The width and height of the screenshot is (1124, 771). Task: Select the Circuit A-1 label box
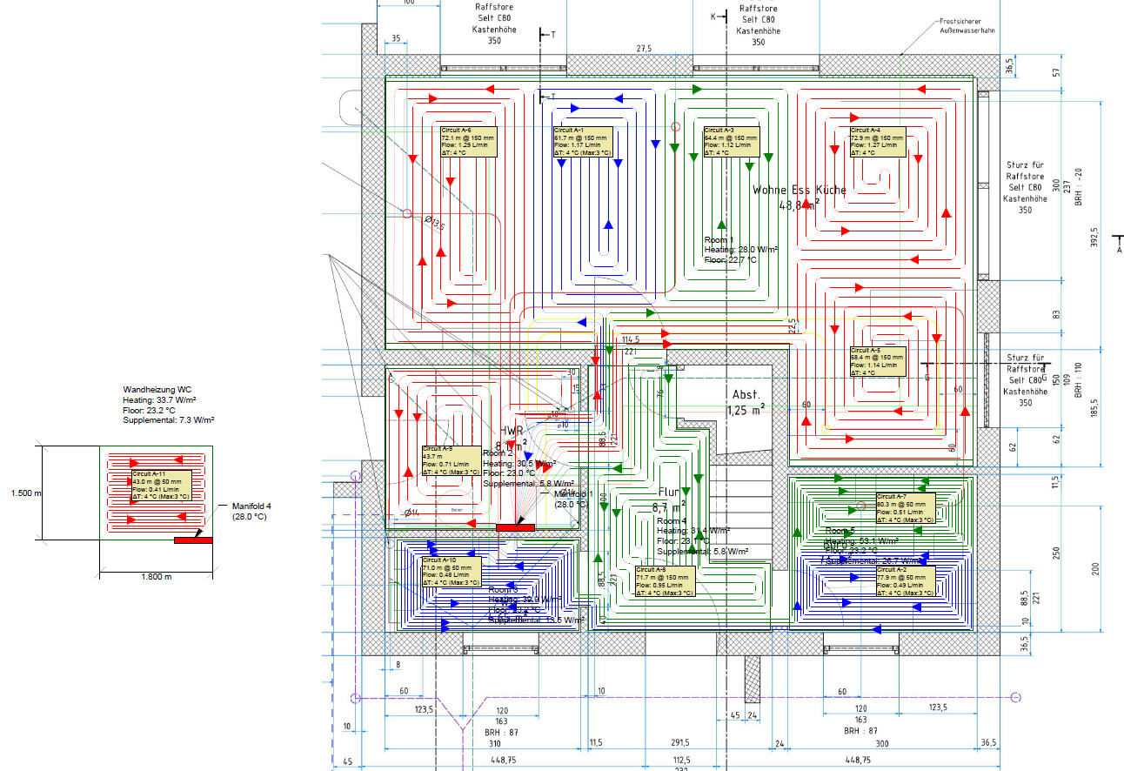coord(583,142)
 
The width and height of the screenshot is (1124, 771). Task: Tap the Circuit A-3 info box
coord(731,142)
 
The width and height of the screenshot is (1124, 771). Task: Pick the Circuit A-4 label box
coord(877,142)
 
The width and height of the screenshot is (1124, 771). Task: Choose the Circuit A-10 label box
coord(451,572)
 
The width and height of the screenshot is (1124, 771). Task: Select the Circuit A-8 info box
coord(664,581)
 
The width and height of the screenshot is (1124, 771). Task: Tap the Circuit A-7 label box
coord(905,508)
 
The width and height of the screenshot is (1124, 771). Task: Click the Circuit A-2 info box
coord(905,580)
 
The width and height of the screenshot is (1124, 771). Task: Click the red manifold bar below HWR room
coord(515,526)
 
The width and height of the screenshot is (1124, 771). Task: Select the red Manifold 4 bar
coord(193,540)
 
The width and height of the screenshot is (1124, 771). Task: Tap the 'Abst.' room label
coord(746,394)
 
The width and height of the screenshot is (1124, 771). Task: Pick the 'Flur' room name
coord(668,492)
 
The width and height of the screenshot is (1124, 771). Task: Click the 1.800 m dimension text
coord(157,577)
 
